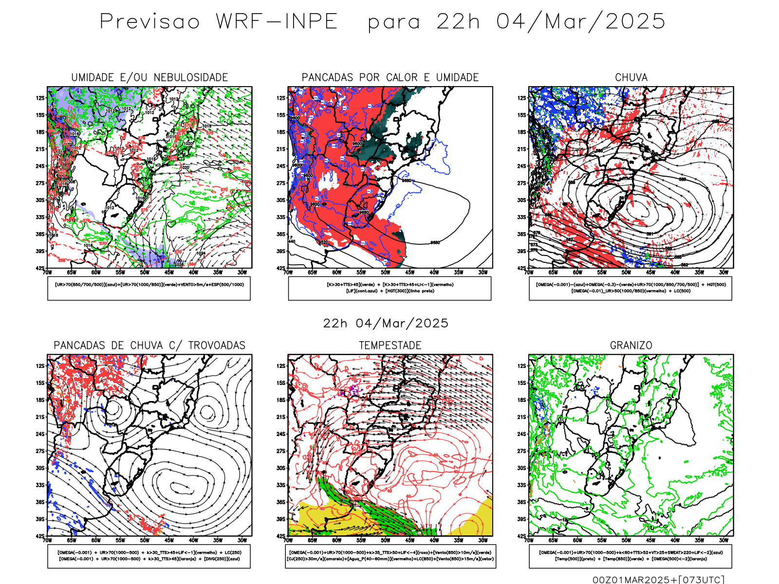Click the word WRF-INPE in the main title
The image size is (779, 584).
(277, 21)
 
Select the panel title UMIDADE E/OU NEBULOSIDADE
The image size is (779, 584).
(149, 77)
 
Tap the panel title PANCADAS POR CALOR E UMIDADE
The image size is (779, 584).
(390, 77)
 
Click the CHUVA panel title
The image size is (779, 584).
(631, 77)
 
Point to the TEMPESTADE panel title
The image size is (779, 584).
(390, 346)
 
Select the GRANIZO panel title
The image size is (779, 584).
(631, 346)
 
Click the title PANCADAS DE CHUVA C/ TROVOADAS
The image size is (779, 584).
(149, 346)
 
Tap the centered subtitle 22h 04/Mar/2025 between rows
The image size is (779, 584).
(386, 323)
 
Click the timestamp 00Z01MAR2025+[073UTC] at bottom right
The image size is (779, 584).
(658, 579)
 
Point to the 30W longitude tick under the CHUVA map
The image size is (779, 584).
(723, 273)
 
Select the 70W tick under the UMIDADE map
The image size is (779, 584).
(47, 273)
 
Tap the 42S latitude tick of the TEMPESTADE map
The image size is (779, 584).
(281, 536)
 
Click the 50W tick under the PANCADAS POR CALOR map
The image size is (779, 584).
(385, 273)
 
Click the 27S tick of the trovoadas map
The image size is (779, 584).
(40, 451)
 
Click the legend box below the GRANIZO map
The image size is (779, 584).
(631, 556)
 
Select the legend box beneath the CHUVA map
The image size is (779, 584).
(631, 288)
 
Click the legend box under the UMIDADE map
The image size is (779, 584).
(149, 288)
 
